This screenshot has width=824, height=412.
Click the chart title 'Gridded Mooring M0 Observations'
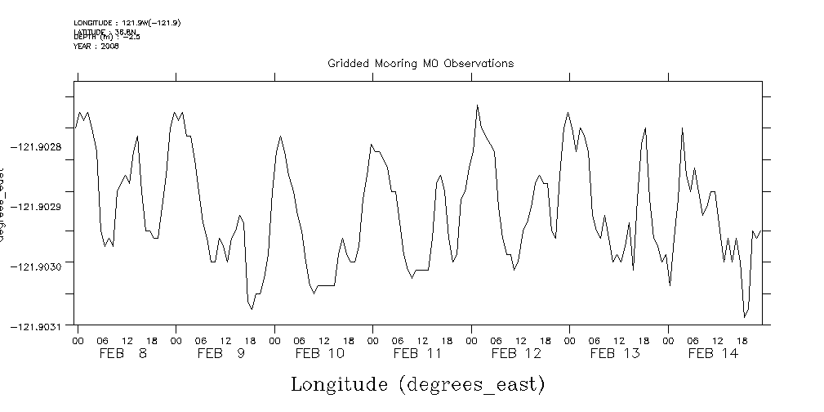point(421,63)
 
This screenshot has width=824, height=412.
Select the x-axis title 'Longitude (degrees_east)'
point(417,383)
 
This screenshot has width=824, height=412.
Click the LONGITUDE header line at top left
point(127,23)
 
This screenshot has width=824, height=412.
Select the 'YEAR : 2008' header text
point(96,47)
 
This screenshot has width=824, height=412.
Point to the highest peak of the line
point(478,105)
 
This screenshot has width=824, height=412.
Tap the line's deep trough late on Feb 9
point(252,309)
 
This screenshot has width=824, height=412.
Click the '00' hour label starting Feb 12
point(472,340)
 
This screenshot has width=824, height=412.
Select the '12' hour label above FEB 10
point(324,340)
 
